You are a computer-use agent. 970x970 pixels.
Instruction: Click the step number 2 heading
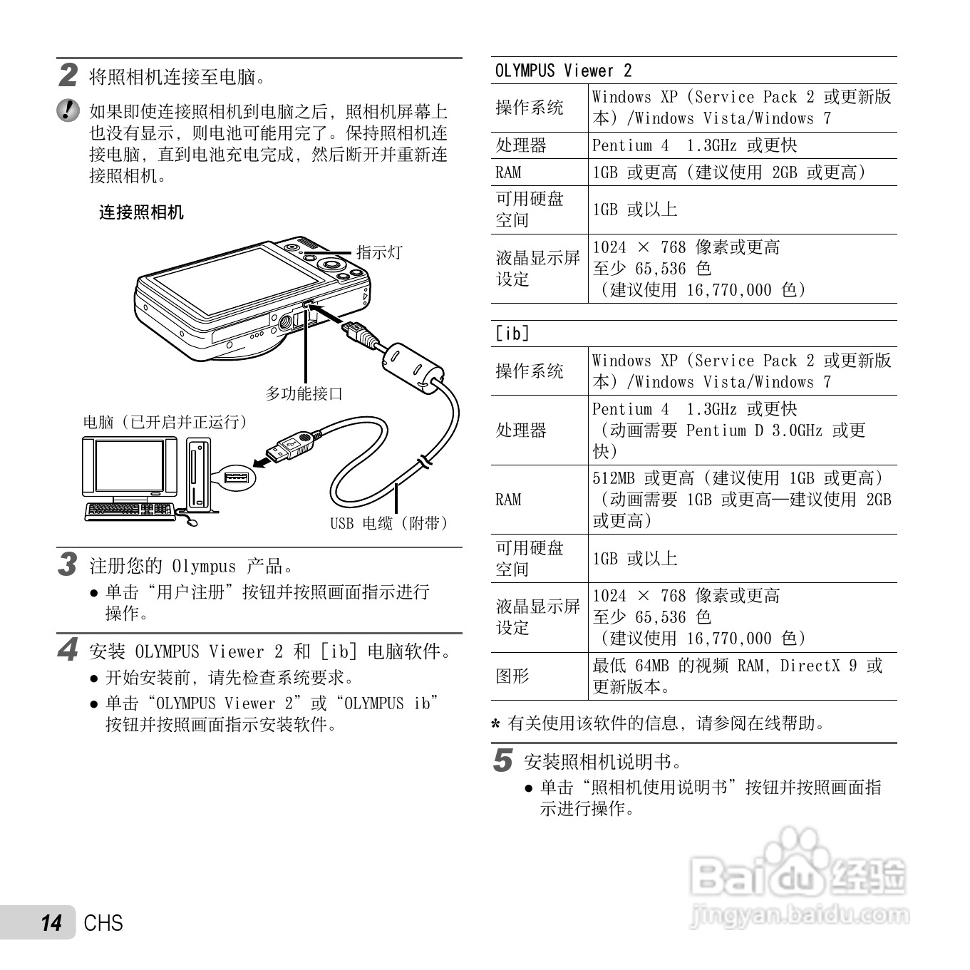[68, 75]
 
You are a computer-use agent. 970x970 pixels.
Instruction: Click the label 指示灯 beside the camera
[379, 252]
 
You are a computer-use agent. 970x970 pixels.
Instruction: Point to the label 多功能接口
[304, 393]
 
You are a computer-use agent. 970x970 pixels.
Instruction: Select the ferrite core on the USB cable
[412, 368]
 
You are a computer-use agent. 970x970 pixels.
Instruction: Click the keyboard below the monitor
[129, 510]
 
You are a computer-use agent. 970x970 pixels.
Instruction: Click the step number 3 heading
[68, 564]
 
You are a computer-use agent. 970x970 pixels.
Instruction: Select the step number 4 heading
[68, 649]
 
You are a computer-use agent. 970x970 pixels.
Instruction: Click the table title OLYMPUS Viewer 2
[563, 71]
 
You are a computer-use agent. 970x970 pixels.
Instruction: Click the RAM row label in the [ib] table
[508, 499]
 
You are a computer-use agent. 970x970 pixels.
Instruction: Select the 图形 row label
[512, 676]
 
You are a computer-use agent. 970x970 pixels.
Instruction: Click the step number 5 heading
[502, 760]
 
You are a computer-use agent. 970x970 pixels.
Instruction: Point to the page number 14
[51, 923]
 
